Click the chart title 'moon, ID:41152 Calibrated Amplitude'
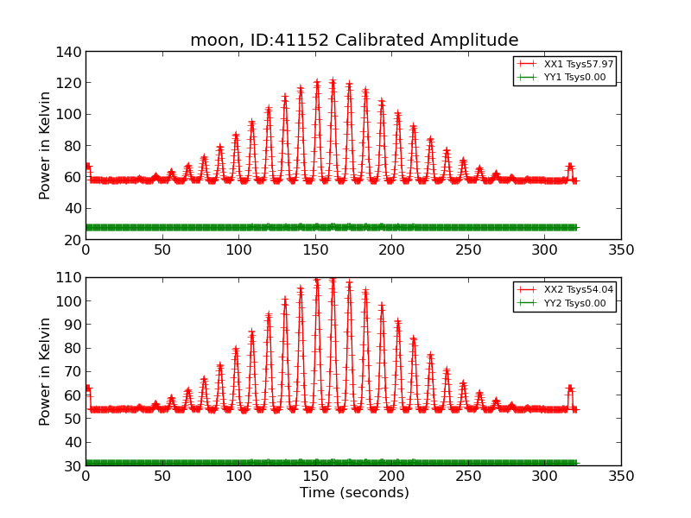(354, 41)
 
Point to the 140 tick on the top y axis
(71, 52)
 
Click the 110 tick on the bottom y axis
(71, 278)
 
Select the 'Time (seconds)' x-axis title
(354, 493)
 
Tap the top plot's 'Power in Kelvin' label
(46, 145)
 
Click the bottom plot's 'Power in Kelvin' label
(46, 371)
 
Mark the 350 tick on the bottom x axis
(621, 476)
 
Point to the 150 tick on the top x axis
(315, 250)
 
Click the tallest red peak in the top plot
(333, 82)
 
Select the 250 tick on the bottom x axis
(468, 476)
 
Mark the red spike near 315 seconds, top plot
(569, 165)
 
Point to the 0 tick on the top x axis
(86, 250)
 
